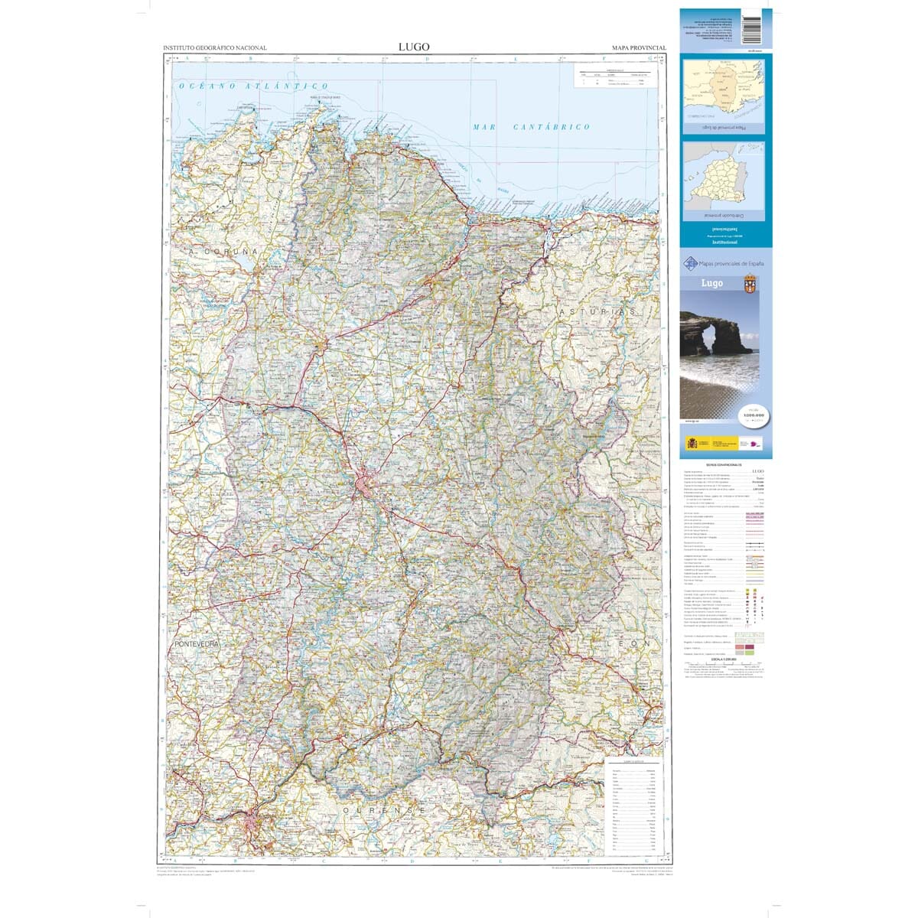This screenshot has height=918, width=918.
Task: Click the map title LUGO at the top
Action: tap(414, 47)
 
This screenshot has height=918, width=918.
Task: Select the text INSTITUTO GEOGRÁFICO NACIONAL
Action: tap(215, 48)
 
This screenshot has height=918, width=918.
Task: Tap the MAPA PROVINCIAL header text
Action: tap(639, 48)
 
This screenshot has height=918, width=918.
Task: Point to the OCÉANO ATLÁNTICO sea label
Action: tap(253, 86)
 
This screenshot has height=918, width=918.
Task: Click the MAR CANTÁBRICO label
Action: tap(531, 126)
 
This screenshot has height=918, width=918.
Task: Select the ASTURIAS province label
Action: tap(597, 313)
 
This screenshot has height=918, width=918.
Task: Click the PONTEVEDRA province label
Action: tap(197, 645)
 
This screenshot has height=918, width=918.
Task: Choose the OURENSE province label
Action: tap(383, 809)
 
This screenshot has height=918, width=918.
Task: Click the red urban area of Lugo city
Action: tap(365, 485)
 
